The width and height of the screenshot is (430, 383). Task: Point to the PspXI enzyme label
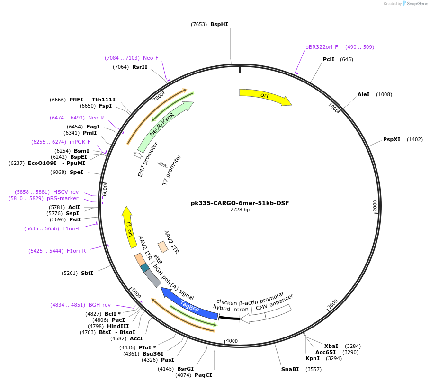coord(392,139)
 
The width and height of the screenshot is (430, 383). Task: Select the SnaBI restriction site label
coord(290,369)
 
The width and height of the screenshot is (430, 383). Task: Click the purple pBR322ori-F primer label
coord(322,47)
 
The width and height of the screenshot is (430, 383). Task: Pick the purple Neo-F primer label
coord(151,58)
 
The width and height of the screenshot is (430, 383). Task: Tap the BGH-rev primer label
coord(99,305)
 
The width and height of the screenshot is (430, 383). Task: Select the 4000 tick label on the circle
coord(232,341)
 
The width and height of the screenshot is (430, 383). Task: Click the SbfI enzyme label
coord(87,273)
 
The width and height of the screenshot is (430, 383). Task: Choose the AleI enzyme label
coord(363,94)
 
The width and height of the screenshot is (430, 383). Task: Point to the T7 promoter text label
coord(171,169)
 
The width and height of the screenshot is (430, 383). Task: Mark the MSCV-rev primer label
coord(65,192)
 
